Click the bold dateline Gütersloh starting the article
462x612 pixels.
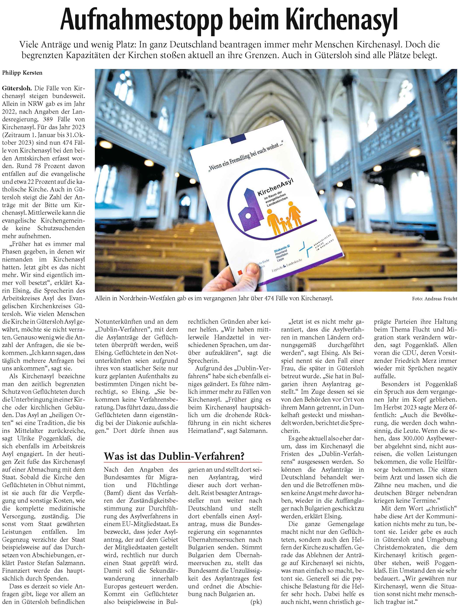17,89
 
